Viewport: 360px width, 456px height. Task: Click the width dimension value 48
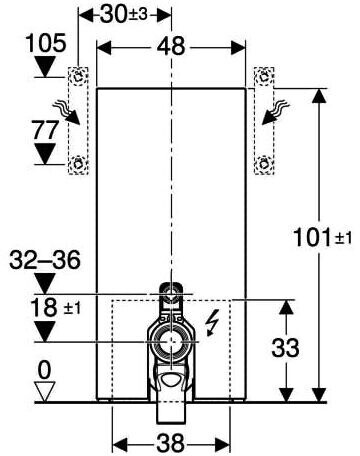click(171, 46)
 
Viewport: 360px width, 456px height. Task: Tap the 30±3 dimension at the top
click(123, 14)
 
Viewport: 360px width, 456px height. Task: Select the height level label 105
click(46, 43)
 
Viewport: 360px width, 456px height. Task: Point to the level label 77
click(45, 130)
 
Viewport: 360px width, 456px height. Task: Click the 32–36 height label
click(45, 260)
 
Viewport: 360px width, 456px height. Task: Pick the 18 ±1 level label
click(55, 308)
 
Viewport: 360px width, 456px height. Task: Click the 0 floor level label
click(44, 370)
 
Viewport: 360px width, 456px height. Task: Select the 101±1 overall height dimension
click(322, 238)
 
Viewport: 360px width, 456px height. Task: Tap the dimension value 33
click(285, 348)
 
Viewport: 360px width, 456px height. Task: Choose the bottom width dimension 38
click(170, 443)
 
